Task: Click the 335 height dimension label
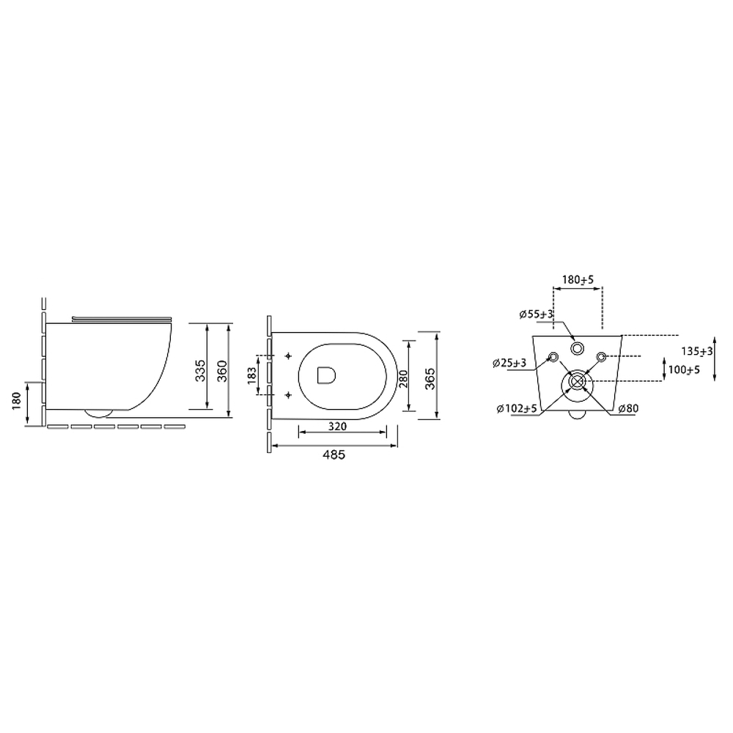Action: point(201,371)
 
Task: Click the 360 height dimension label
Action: point(223,371)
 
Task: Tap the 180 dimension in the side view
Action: point(18,402)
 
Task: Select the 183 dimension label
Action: point(251,375)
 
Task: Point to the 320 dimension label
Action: point(337,426)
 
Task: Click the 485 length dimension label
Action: point(334,455)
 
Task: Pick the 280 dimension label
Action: point(403,379)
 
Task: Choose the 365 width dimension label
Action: point(430,379)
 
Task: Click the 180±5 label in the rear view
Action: point(578,279)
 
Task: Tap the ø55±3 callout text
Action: point(537,314)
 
